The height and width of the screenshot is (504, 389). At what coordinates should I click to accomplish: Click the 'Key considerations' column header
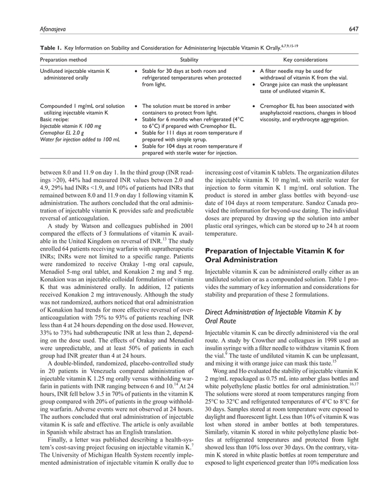click(305, 59)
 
